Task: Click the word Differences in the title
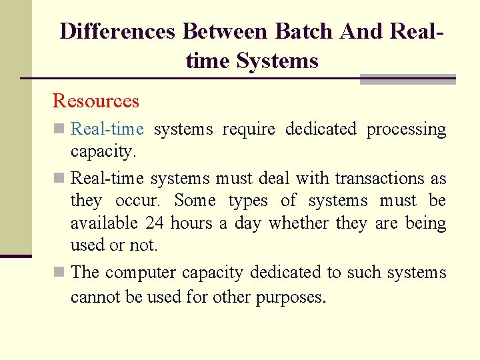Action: click(117, 31)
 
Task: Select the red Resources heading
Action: click(95, 101)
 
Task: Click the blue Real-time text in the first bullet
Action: click(107, 129)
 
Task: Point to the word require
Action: click(248, 129)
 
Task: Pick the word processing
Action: click(406, 129)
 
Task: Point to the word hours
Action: click(191, 223)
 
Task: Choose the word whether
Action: click(297, 223)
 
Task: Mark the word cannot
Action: click(94, 295)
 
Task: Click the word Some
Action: click(195, 201)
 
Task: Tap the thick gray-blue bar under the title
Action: click(407, 79)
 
